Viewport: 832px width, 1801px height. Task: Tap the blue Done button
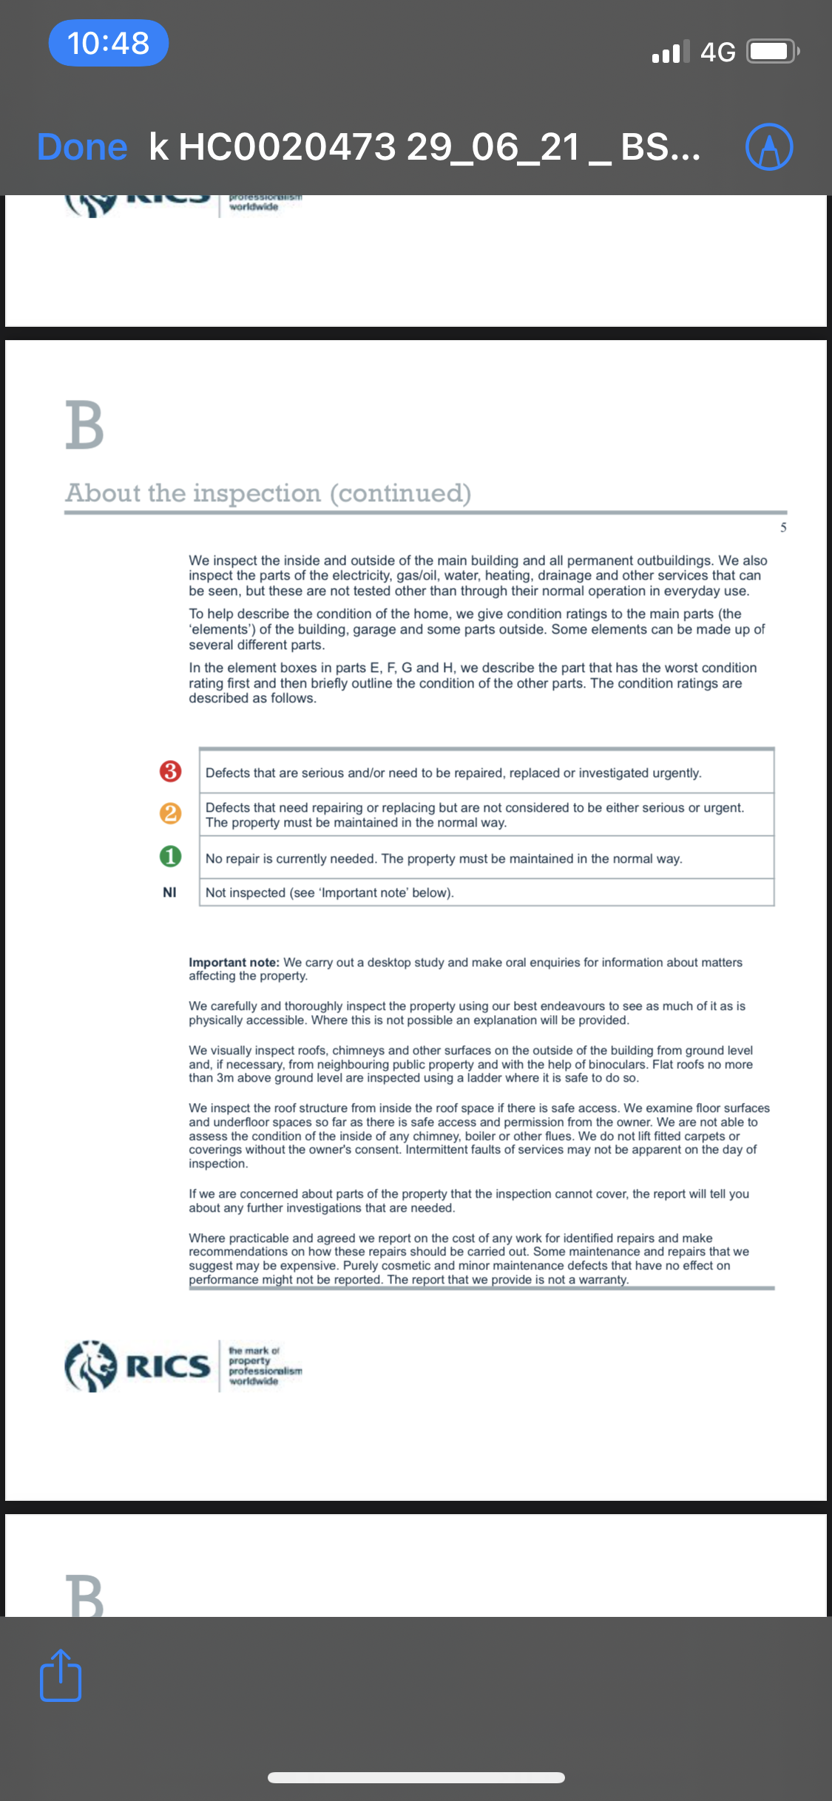point(82,147)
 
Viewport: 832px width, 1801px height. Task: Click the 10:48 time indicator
point(109,43)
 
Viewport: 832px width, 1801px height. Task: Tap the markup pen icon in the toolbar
point(769,147)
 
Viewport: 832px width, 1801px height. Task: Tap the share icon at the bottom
point(61,1675)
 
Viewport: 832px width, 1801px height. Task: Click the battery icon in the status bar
point(771,52)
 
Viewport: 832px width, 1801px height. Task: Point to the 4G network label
point(717,52)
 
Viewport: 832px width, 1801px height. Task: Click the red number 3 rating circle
point(170,772)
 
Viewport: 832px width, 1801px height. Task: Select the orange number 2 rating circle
point(170,814)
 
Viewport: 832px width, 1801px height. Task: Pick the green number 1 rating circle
point(170,857)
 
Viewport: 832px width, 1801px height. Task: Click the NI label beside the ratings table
point(169,892)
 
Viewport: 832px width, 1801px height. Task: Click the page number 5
point(783,527)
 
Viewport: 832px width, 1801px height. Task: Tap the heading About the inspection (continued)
point(268,493)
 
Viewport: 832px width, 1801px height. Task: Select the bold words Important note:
point(234,963)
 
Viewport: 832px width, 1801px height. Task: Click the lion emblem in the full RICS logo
point(91,1366)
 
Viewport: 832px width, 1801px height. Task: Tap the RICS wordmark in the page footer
point(168,1366)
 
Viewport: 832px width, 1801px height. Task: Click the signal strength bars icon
point(671,52)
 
